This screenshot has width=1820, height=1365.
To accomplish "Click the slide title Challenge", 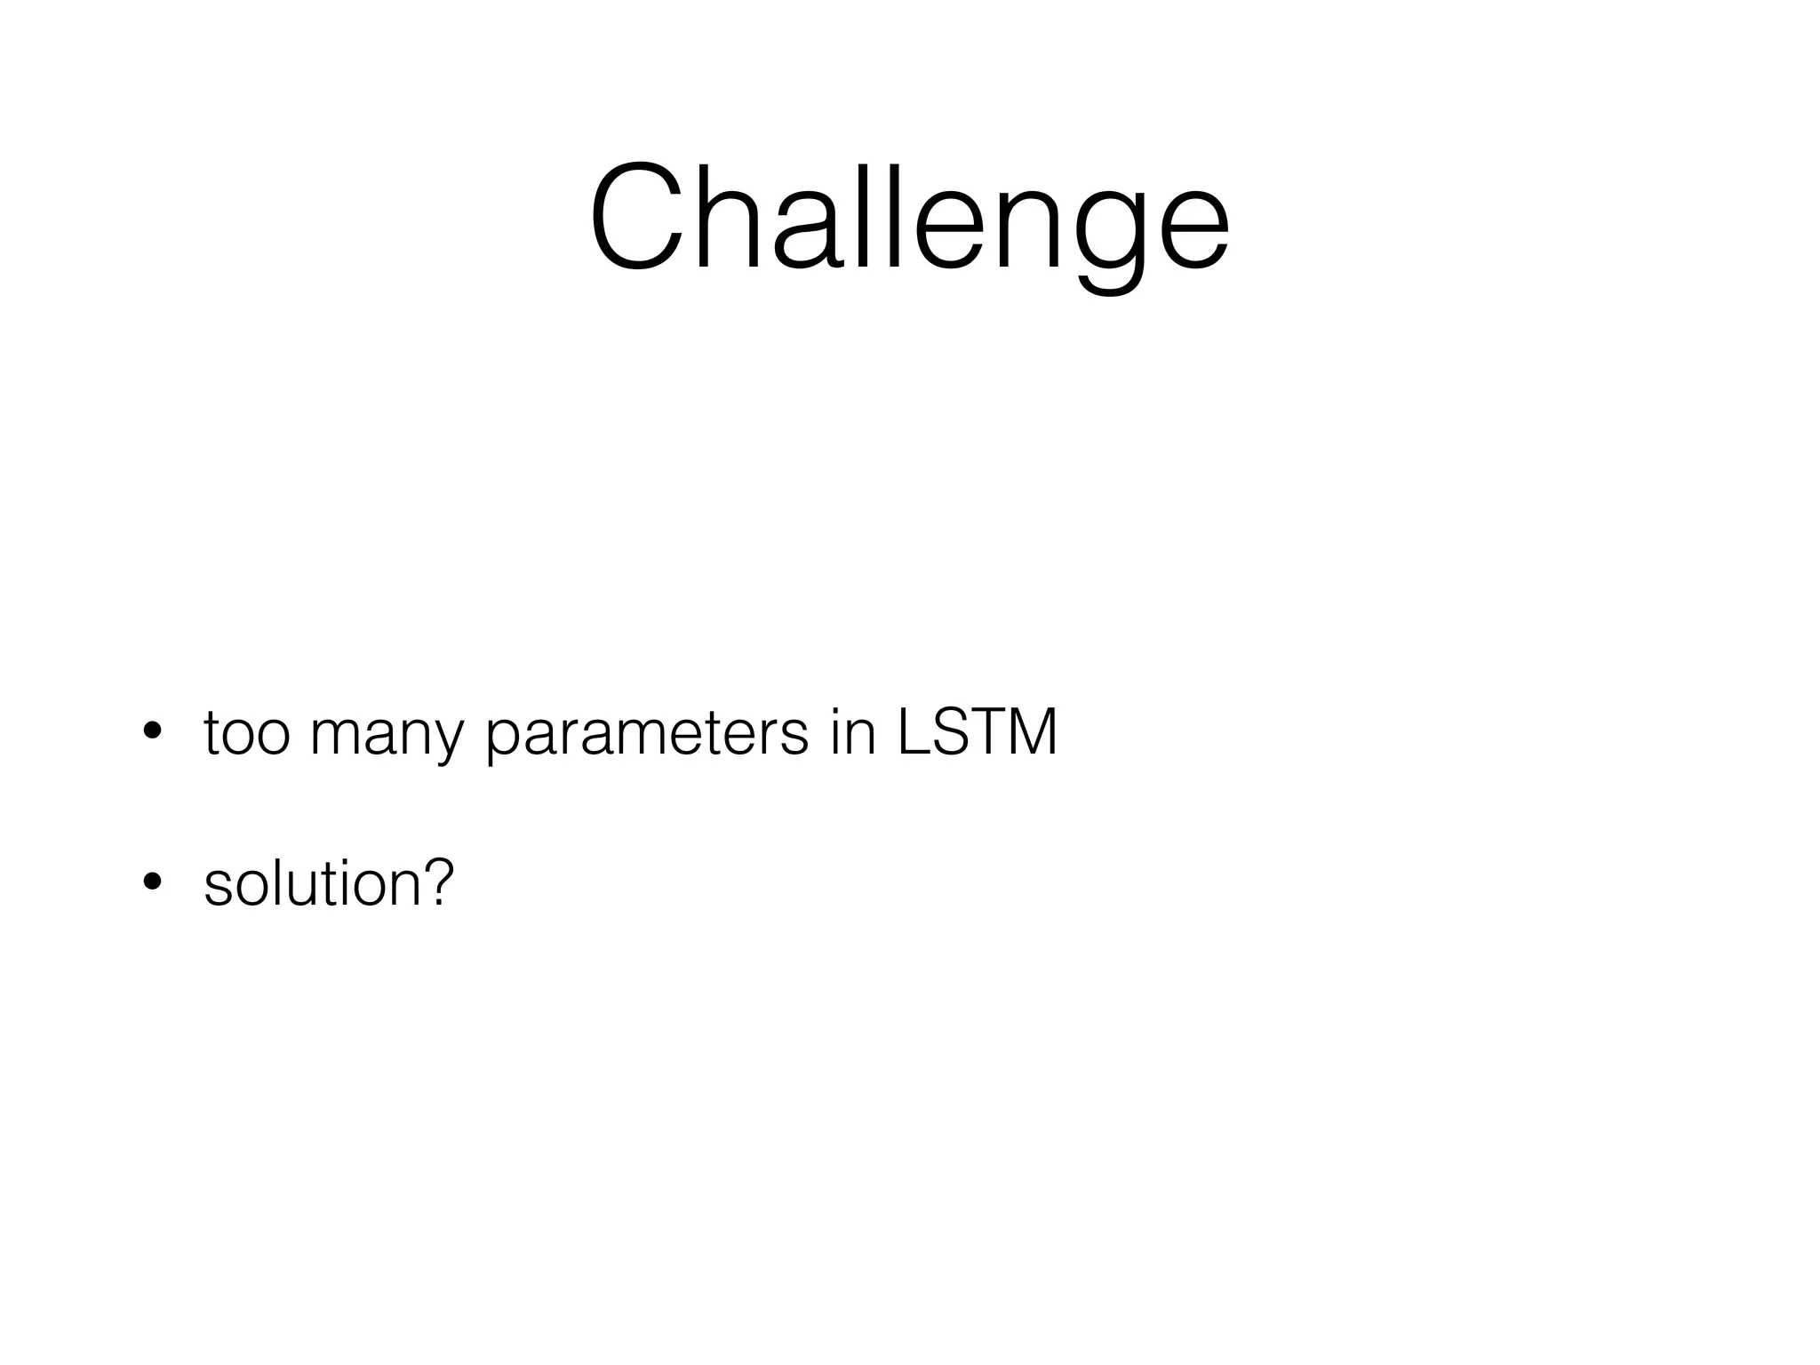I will pyautogui.click(x=909, y=218).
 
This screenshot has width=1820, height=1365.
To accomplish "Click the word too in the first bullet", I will pyautogui.click(x=246, y=734).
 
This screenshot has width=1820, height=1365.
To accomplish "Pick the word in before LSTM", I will pyautogui.click(x=854, y=734).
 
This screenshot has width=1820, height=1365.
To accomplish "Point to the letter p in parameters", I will pyautogui.click(x=503, y=743).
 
